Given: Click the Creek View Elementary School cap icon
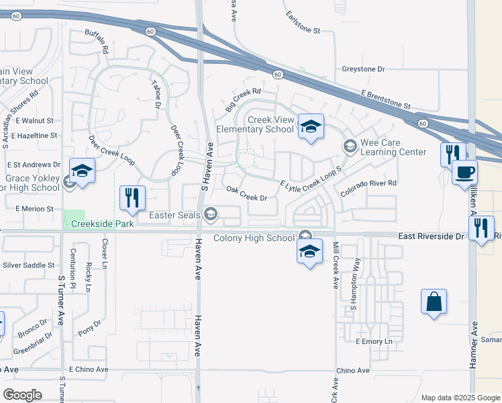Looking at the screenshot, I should (311, 127).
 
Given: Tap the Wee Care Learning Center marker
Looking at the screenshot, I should (350, 146).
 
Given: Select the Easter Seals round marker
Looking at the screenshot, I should (211, 214).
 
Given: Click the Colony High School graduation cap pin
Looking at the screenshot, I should (309, 252).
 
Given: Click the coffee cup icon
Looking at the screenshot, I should (464, 172).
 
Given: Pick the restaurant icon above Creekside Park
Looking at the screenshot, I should (132, 197).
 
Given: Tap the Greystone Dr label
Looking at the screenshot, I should (363, 69).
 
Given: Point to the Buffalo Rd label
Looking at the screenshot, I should (97, 42).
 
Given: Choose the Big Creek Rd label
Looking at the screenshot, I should (242, 98).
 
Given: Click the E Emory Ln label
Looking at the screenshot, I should (373, 341).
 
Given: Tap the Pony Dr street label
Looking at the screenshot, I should (89, 327).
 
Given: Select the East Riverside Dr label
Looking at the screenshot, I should (430, 236).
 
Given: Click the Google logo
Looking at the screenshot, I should (22, 395).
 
